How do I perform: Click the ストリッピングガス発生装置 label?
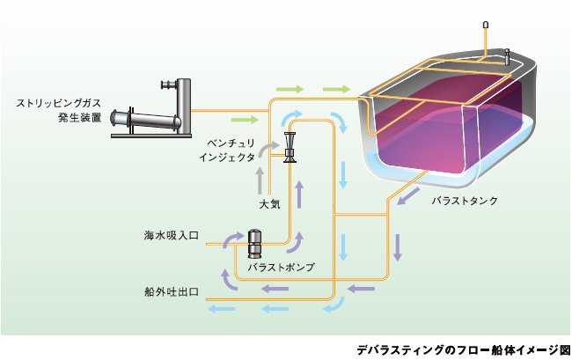click(59, 110)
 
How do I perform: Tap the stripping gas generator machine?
click(151, 108)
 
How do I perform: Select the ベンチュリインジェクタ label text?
click(227, 150)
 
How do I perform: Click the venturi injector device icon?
click(290, 147)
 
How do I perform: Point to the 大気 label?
click(269, 204)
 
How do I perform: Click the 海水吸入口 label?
click(172, 235)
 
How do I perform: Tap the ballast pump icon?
click(254, 243)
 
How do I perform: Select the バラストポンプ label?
click(281, 267)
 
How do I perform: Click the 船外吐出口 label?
click(172, 292)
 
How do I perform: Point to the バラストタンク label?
click(465, 201)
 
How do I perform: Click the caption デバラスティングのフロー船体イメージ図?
click(463, 350)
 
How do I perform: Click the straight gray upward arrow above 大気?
click(260, 180)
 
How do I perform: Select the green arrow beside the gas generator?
click(245, 120)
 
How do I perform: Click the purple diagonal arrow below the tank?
click(408, 196)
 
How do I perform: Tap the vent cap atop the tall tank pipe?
click(486, 25)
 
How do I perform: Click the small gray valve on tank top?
click(507, 56)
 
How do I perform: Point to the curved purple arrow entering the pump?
click(231, 239)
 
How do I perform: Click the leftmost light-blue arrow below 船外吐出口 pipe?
click(221, 309)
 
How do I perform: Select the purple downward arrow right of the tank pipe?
click(398, 247)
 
